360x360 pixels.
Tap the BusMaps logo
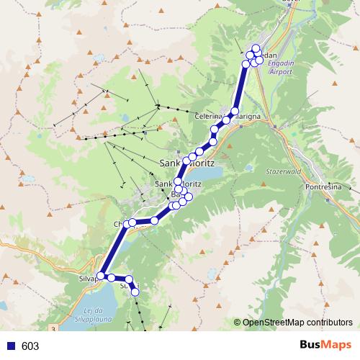click(322, 346)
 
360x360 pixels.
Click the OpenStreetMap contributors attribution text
click(297, 323)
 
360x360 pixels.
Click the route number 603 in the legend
click(30, 346)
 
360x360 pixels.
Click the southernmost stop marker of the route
click(135, 292)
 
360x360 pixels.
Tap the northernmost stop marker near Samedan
click(256, 48)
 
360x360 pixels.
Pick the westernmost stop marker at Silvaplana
click(102, 275)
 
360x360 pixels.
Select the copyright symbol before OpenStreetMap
click(238, 323)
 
